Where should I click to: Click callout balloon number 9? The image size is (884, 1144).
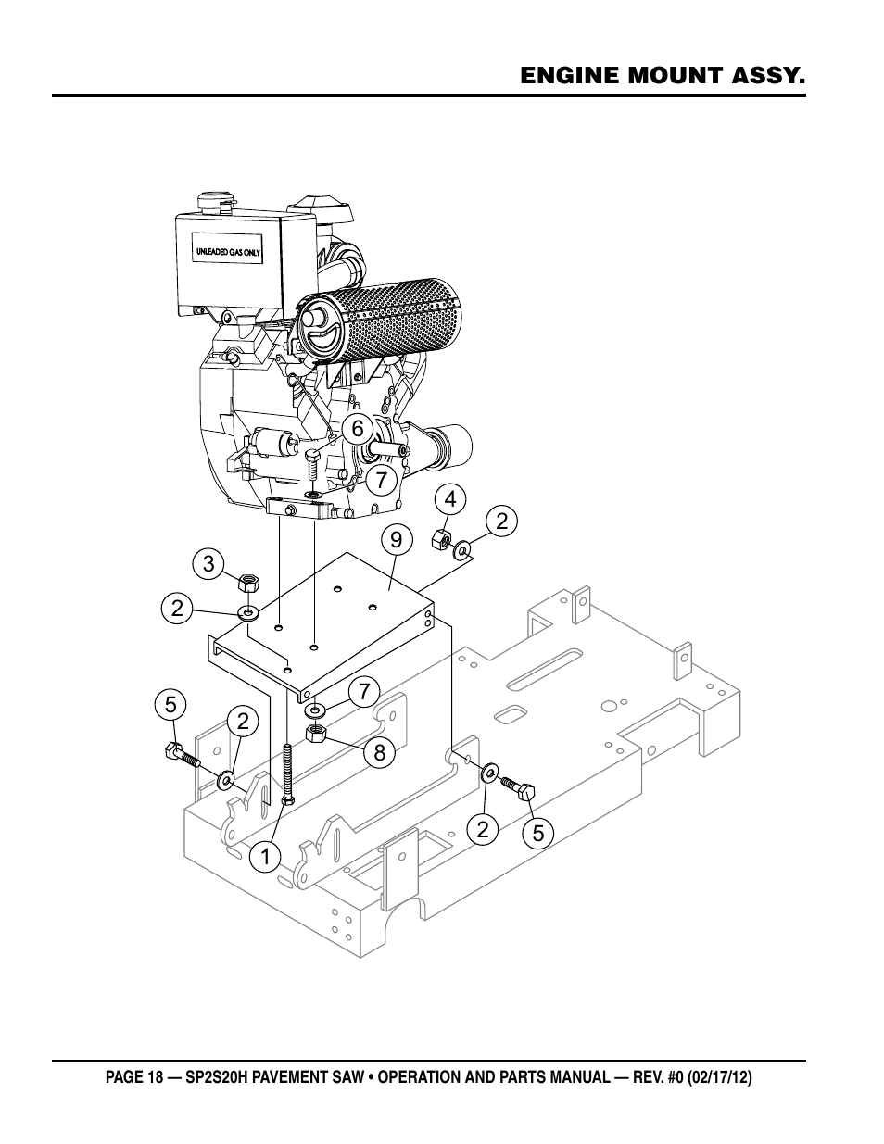(x=396, y=540)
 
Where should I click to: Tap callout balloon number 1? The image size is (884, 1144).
(x=265, y=857)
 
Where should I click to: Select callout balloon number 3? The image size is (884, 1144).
(x=208, y=564)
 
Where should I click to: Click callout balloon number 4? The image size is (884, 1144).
(x=450, y=499)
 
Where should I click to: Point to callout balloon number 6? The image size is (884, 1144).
(x=358, y=429)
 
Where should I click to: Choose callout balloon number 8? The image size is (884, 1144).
(x=380, y=753)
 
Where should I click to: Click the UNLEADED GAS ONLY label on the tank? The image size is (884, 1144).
(x=228, y=252)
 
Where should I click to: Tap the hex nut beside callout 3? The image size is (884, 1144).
(x=247, y=583)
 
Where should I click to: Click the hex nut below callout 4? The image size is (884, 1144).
(x=440, y=540)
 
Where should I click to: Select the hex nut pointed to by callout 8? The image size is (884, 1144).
(x=315, y=733)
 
